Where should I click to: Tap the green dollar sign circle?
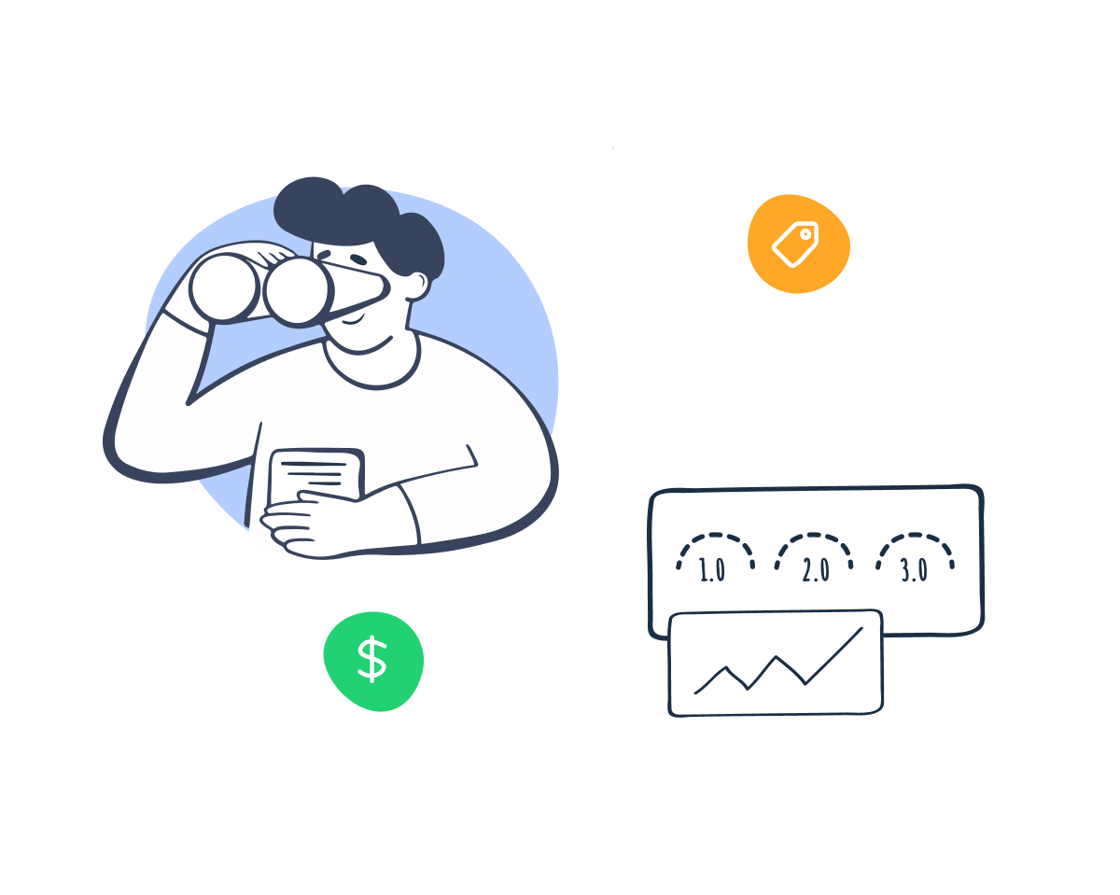(373, 660)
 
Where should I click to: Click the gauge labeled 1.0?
(714, 557)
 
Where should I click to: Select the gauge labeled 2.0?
(815, 557)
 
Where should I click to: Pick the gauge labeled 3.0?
(915, 557)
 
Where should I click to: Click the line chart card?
(776, 664)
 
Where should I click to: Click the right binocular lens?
(296, 290)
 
